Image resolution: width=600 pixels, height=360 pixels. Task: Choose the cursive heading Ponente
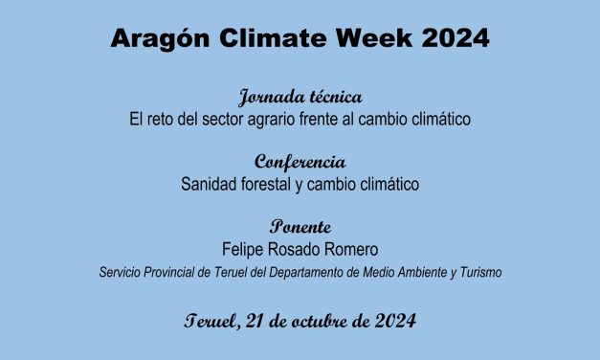click(x=300, y=227)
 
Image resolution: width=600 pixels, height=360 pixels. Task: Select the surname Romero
click(x=352, y=248)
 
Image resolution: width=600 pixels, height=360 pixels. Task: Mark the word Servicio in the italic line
click(x=119, y=273)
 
